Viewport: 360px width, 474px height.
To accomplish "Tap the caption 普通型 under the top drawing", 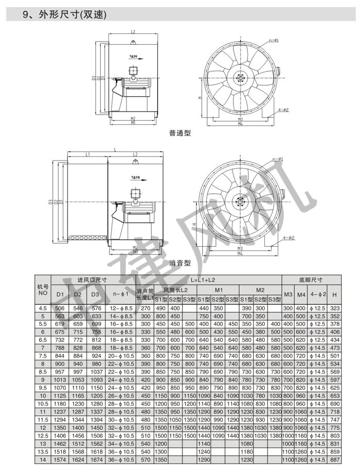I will pos(179,133).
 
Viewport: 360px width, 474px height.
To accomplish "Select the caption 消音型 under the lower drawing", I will pos(179,263).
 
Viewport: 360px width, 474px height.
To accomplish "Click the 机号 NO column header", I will pos(43,289).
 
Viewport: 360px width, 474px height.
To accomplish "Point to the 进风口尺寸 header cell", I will pos(92,280).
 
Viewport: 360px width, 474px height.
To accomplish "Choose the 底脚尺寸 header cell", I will pos(311,280).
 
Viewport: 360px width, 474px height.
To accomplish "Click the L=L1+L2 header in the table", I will pos(208,280).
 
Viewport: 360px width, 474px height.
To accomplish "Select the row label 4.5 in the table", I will pos(43,308).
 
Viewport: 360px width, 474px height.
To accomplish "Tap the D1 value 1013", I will pos(60,380).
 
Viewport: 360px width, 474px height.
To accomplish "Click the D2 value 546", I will pos(78,308).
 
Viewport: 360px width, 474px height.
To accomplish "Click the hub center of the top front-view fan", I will pos(240,78).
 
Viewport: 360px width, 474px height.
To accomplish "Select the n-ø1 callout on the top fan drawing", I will pos(273,41).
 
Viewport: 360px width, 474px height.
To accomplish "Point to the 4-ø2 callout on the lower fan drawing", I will pos(288,238).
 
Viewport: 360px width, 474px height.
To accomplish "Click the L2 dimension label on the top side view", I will pos(133,32).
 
